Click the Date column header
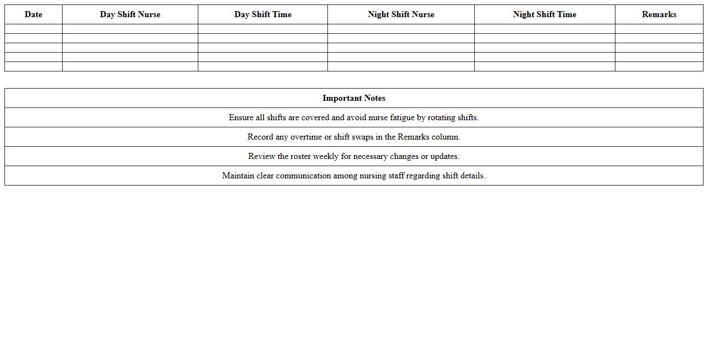click(33, 14)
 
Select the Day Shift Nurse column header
click(130, 14)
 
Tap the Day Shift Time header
click(263, 14)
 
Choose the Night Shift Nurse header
click(401, 14)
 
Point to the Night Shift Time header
click(545, 14)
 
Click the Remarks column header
click(659, 14)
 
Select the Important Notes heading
click(354, 98)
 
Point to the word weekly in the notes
click(326, 156)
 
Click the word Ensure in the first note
click(241, 117)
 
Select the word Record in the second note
click(260, 137)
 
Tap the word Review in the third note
click(261, 156)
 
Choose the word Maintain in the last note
click(238, 176)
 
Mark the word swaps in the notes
click(363, 137)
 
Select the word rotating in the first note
click(441, 117)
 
